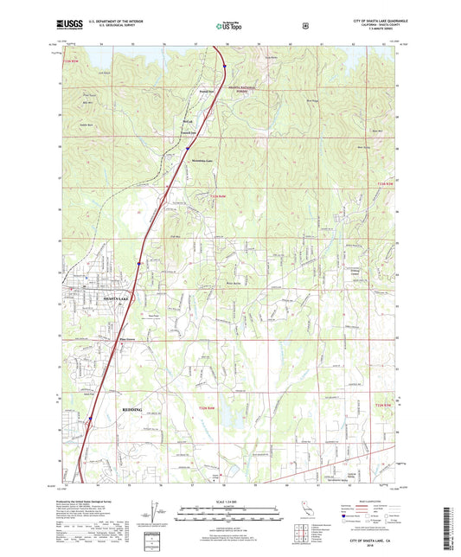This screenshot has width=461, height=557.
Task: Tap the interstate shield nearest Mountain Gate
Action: click(x=187, y=148)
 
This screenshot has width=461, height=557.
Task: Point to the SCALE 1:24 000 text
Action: click(x=230, y=505)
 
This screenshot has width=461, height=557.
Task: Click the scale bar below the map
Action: click(x=230, y=516)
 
